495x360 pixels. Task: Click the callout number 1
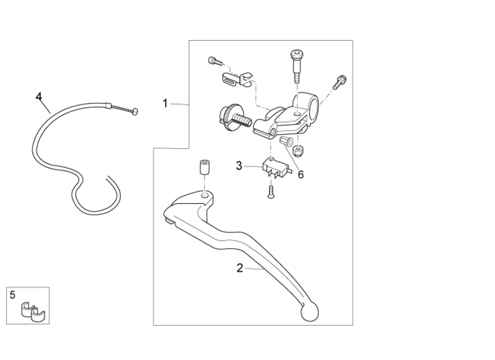point(165,103)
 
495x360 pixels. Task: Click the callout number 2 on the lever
point(240,268)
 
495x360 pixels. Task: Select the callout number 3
point(239,166)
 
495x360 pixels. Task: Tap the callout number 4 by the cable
point(39,96)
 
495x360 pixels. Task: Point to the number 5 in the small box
point(13,295)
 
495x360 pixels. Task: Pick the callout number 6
point(301,174)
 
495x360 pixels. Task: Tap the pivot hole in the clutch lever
point(205,195)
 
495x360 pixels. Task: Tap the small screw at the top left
point(214,60)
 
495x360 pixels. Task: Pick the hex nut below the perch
point(297,150)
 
